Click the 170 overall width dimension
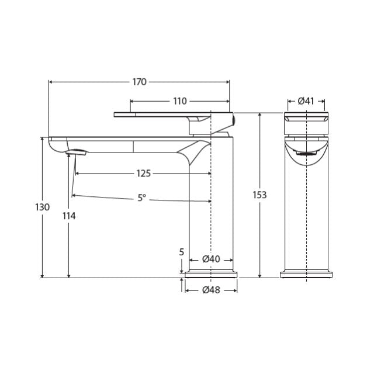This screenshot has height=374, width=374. pos(139,82)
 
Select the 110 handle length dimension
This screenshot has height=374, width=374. pos(179,101)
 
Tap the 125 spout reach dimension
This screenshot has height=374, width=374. pos(143,173)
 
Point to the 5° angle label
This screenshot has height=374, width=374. pos(142,198)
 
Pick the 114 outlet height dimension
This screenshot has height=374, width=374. pos(69,216)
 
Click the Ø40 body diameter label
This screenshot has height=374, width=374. pos(211,259)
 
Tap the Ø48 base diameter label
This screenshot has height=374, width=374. pos(211,290)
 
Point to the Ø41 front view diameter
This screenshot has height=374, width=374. pos(306,101)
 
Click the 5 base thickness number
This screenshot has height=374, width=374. pos(182,252)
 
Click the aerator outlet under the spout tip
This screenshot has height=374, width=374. pos(77,153)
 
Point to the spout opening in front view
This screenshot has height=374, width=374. pos(306,153)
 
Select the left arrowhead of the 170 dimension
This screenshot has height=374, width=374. pos(51,82)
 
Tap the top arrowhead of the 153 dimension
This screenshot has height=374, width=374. pos(259,115)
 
